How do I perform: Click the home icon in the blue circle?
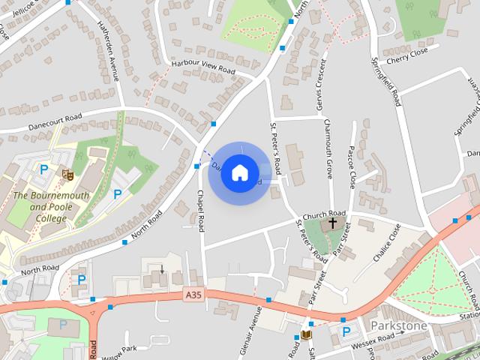(x=239, y=172)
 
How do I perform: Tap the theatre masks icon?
(x=68, y=174)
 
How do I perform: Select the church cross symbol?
(x=333, y=224)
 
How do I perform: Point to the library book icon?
(x=306, y=334)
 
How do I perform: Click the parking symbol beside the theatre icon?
(x=43, y=170)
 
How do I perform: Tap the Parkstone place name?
(x=398, y=326)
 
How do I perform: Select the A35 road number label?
(x=193, y=296)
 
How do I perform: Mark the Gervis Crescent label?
(x=319, y=83)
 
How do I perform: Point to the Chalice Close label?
(x=387, y=242)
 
